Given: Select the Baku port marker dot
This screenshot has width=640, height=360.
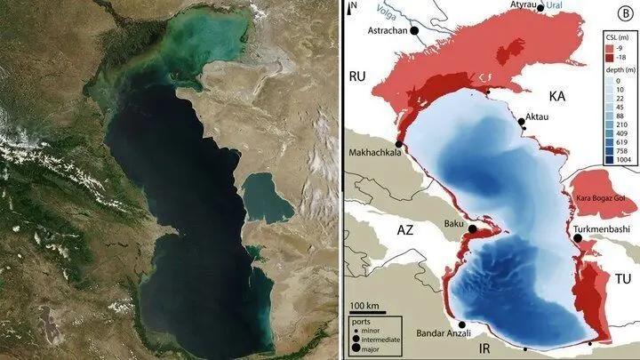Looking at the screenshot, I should (x=473, y=229).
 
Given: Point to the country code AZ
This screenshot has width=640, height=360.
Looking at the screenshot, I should (x=405, y=229).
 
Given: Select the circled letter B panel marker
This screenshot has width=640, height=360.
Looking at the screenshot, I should (x=625, y=13).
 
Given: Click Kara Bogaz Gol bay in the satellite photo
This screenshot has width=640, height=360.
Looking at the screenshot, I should (x=267, y=196).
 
